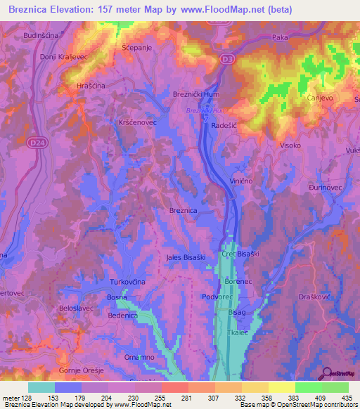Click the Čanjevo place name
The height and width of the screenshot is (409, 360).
coord(321,99)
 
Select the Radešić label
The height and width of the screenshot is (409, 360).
coord(226,124)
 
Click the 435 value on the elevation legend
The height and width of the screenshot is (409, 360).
coord(345,398)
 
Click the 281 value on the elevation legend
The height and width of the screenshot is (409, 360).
coord(187,398)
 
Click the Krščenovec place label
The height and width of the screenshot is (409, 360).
coord(137,122)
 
